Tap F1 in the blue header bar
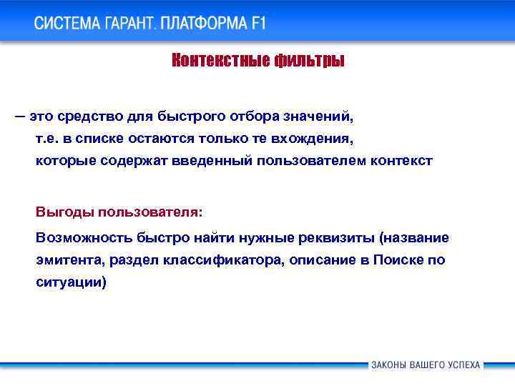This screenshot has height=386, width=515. pos(257,23)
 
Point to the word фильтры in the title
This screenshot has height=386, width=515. pos(309,61)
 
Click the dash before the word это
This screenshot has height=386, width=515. pos(17,115)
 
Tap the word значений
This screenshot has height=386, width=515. pos(318,115)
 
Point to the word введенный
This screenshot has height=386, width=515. pos(212,161)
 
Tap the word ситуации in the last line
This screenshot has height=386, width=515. pos(69,283)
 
